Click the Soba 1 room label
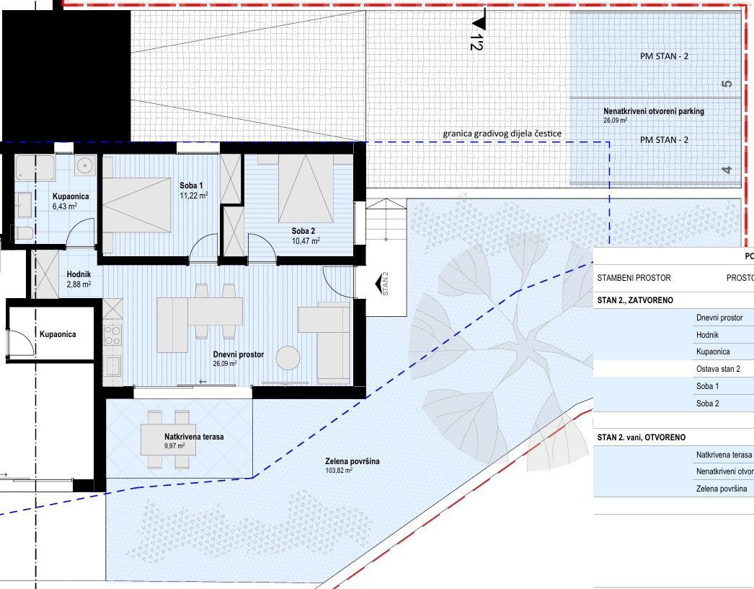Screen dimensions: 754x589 (191, 186)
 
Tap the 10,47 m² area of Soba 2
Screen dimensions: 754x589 (306, 241)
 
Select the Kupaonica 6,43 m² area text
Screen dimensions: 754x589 (65, 206)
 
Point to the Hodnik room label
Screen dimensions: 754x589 (79, 274)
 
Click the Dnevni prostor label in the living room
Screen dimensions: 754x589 (239, 354)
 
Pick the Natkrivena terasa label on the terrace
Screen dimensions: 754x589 (194, 437)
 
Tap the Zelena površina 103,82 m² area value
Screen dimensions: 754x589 (339, 470)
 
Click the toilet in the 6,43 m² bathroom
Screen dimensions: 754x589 (23, 234)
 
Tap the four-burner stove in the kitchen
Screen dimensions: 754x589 (113, 336)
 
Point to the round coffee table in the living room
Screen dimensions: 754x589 (289, 358)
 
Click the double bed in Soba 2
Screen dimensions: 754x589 (306, 188)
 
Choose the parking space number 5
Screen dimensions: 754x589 (727, 83)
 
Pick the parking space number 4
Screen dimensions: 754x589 (727, 170)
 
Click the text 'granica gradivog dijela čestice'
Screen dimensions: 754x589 (502, 134)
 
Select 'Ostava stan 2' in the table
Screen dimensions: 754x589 (718, 369)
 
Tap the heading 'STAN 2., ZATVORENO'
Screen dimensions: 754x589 (635, 300)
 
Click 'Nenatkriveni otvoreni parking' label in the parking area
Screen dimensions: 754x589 (654, 111)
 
